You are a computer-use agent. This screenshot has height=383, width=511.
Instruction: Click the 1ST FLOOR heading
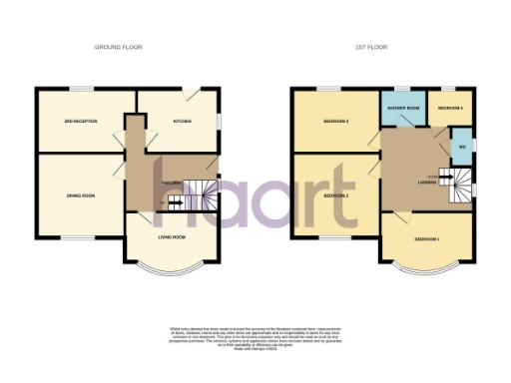click(x=371, y=47)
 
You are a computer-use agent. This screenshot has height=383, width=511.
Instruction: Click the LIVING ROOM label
click(x=173, y=237)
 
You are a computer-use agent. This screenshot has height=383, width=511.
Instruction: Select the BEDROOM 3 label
click(x=333, y=122)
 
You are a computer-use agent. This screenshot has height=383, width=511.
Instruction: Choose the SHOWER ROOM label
click(x=400, y=108)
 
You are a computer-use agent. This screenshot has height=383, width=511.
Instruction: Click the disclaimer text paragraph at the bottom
click(x=255, y=337)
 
